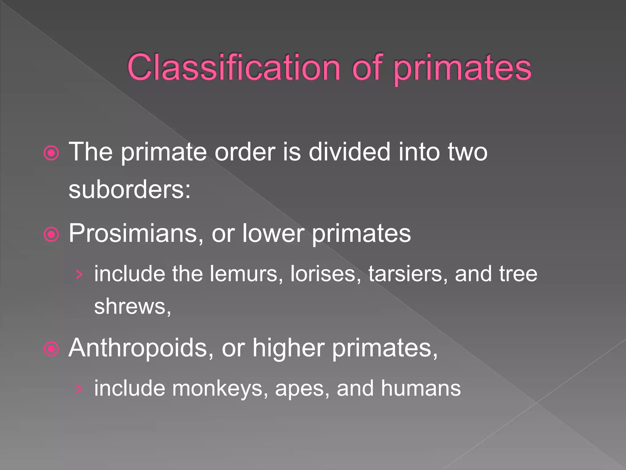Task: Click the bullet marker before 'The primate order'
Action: [51, 153]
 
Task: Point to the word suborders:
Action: [130, 190]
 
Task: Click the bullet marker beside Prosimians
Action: [51, 234]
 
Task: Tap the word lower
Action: [273, 234]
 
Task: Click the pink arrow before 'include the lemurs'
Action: [79, 274]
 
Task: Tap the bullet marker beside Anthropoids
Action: [51, 349]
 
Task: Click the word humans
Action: [421, 388]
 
